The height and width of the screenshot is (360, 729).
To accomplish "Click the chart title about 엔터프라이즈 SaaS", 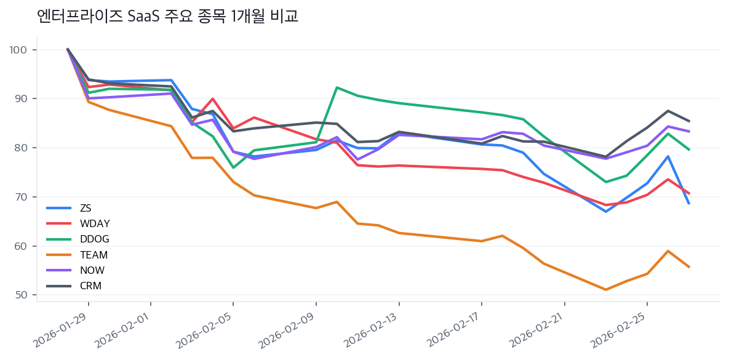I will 167,17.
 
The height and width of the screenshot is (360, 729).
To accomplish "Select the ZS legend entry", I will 86,208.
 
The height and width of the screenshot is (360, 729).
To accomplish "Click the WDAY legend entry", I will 94,223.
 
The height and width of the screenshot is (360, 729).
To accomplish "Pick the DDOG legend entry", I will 94,239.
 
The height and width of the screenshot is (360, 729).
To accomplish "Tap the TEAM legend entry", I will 94,255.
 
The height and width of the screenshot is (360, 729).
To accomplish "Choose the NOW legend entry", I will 92,270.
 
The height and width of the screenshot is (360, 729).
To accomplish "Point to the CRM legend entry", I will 90,286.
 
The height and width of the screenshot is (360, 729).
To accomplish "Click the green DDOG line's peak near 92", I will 337,87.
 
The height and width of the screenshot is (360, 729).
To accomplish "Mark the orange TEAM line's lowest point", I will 606,290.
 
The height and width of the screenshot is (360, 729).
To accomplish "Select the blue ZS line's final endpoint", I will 689,204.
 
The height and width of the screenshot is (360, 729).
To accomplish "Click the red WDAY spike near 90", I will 212,98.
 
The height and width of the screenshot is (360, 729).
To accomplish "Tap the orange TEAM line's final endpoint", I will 689,267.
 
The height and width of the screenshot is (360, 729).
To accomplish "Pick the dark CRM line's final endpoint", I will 689,121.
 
